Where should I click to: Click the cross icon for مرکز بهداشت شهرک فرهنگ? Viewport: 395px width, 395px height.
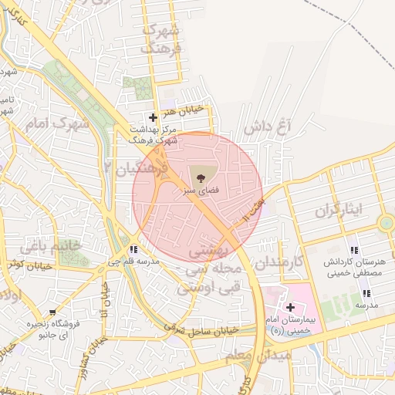coord(153,118)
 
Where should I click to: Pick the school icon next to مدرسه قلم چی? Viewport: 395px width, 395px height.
coord(134,249)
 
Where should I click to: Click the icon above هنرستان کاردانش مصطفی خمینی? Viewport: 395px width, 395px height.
coord(353,250)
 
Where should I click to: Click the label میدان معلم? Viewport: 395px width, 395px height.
coord(258,356)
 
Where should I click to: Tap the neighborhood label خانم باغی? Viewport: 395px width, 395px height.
coord(46,247)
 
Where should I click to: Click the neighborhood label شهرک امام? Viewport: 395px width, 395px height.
coord(58,123)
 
